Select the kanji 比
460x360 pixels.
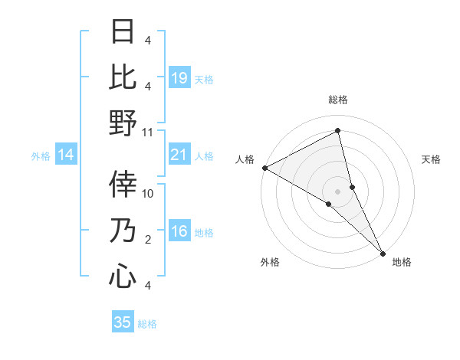(123, 77)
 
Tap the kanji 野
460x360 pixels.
(123, 123)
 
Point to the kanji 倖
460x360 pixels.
(123, 185)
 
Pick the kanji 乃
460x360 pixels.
(123, 231)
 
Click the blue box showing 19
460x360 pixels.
(179, 77)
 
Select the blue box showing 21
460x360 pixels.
(179, 155)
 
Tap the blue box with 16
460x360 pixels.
(179, 232)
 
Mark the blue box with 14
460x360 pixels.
(66, 155)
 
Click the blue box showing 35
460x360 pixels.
(123, 322)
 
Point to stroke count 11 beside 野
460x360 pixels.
(148, 133)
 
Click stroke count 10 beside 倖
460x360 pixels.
(148, 194)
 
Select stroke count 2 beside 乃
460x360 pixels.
(148, 240)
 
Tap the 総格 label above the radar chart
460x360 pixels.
(338, 100)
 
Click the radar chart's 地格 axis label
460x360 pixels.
(402, 262)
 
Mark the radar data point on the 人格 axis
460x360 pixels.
(264, 168)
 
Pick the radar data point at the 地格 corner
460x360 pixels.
(382, 251)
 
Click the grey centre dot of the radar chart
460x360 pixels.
(338, 191)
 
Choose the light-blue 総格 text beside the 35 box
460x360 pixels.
(147, 324)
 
